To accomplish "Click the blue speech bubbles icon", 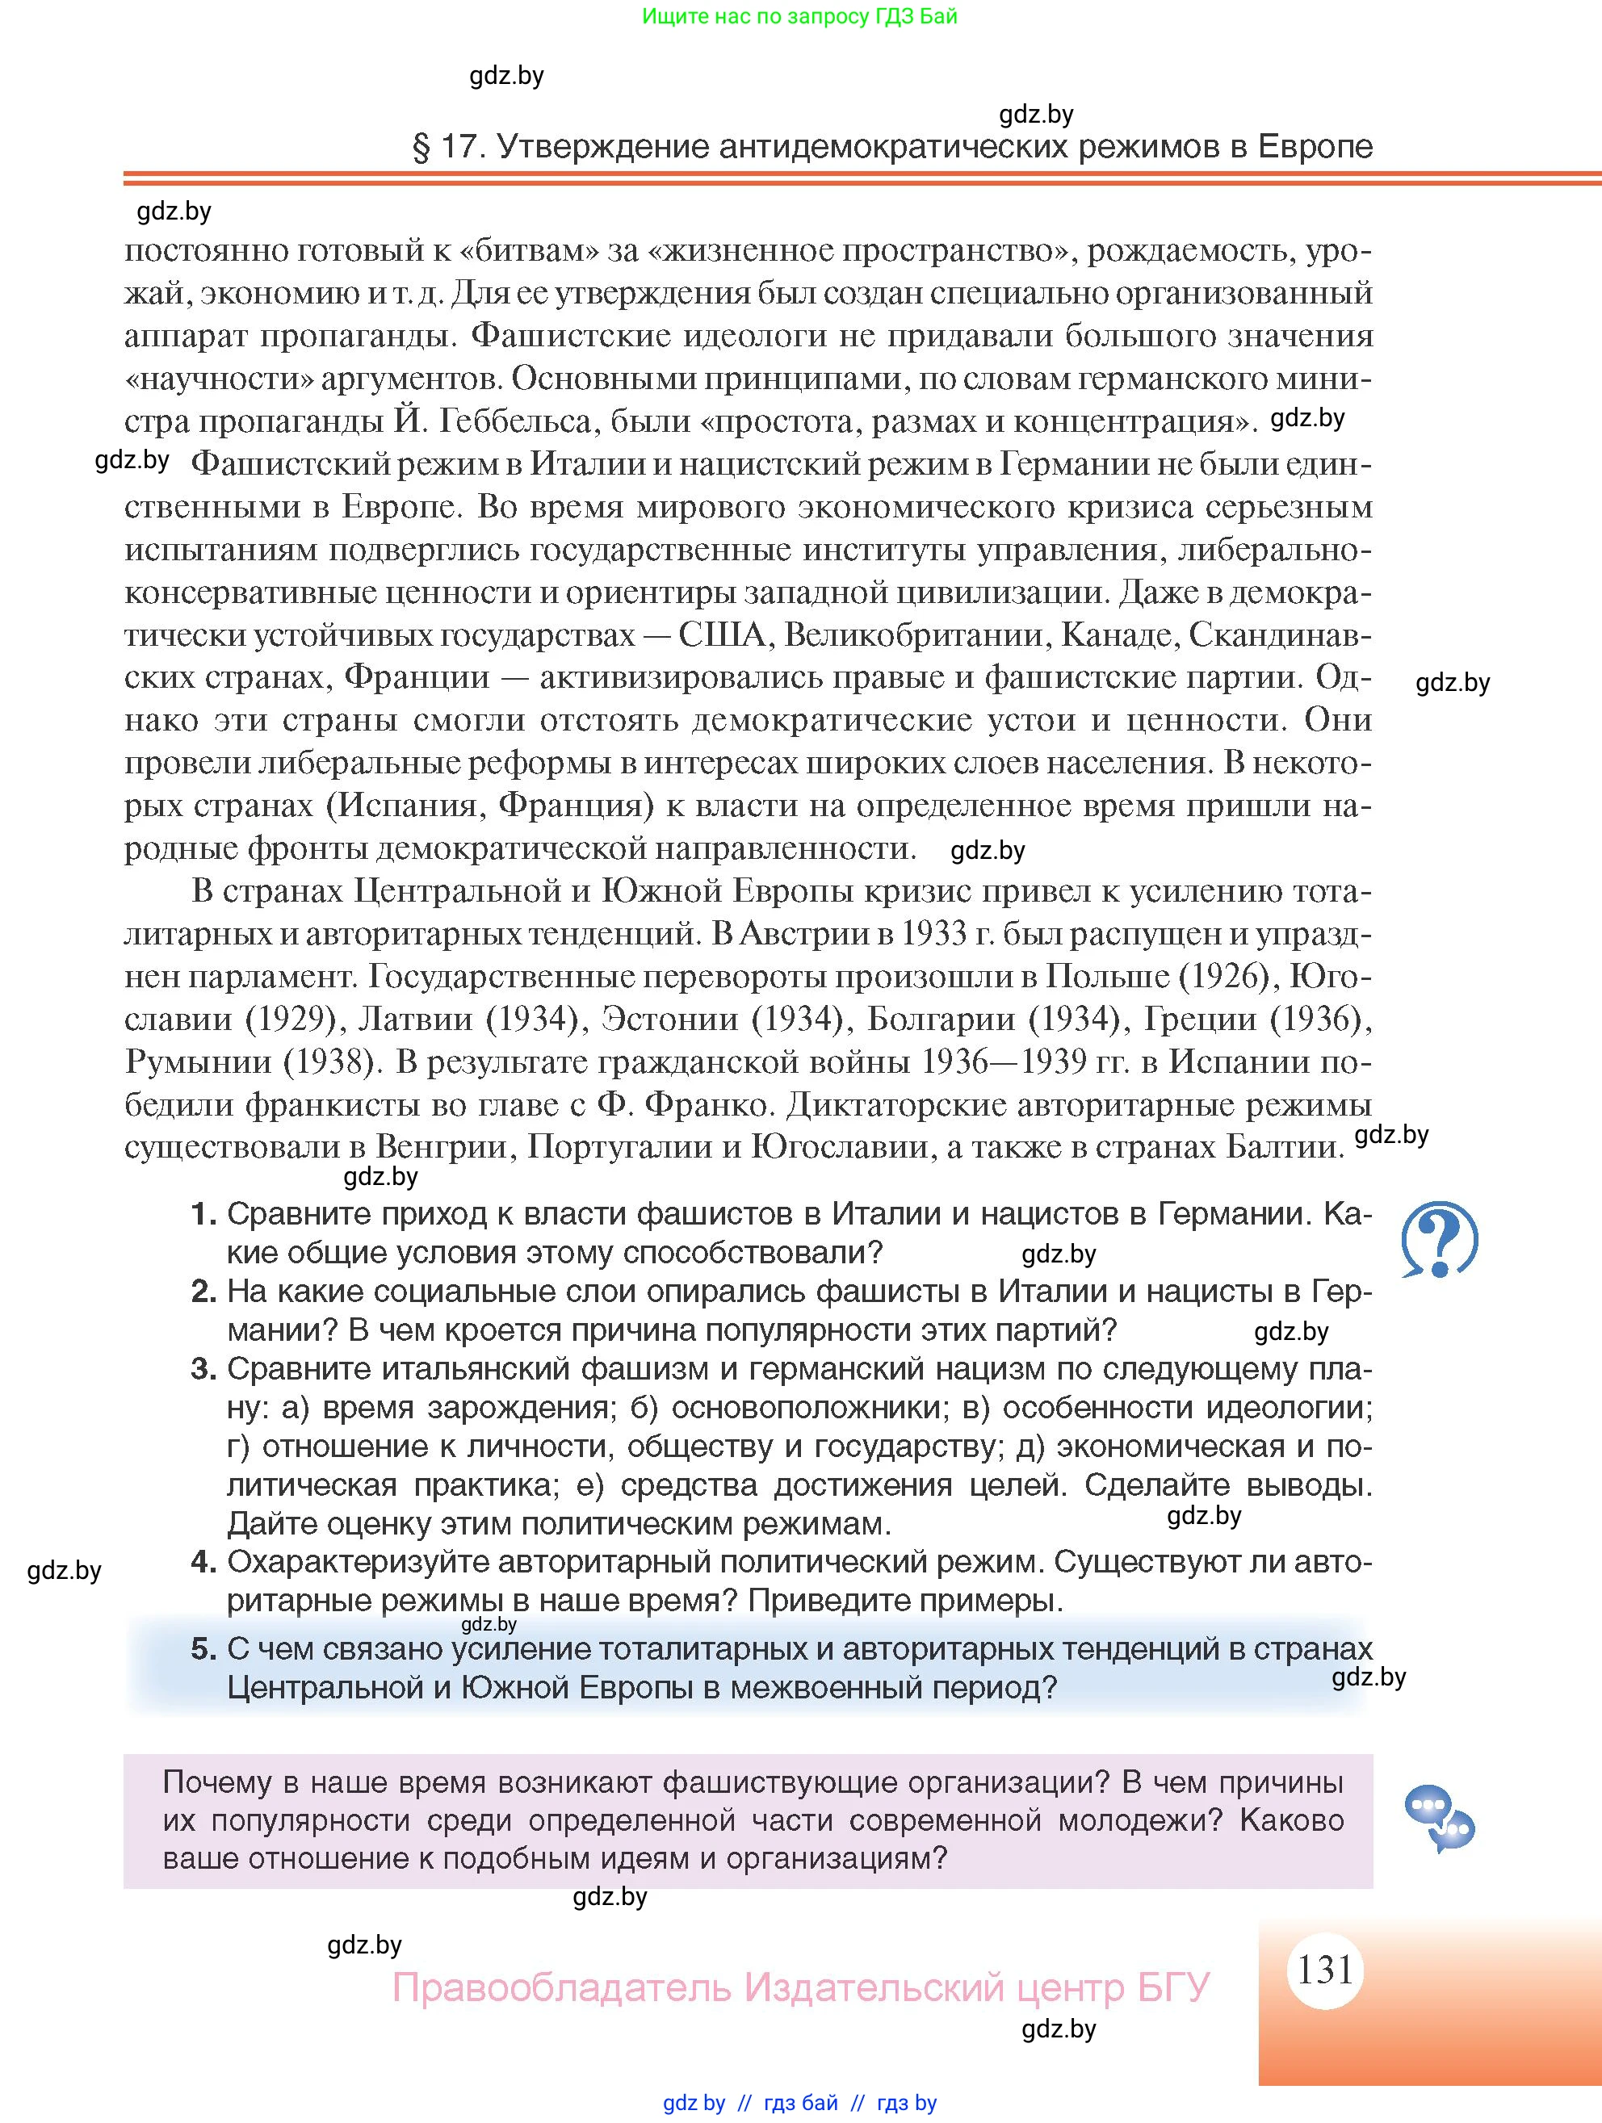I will pos(1438,1817).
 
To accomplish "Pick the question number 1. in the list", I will pos(203,1214).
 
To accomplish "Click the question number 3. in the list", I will pos(203,1368).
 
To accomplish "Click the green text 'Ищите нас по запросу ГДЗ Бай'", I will pos(799,16).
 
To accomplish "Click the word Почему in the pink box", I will pos(224,1782).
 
